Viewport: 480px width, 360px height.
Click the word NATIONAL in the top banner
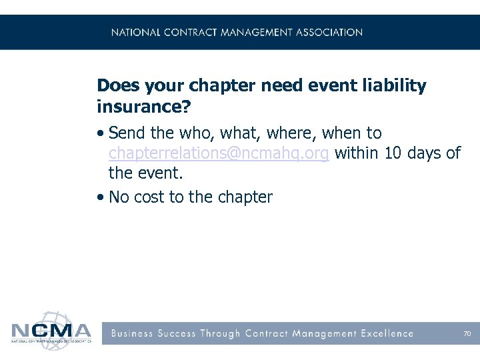[136, 32]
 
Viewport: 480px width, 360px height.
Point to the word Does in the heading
[117, 86]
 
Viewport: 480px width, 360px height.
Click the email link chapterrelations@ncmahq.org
[219, 153]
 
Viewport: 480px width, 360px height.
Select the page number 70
[467, 333]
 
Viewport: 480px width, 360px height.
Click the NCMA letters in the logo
[51, 331]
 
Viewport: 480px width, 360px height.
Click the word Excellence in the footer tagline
[386, 333]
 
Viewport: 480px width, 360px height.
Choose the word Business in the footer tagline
[132, 333]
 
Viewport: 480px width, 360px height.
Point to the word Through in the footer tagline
[221, 333]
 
